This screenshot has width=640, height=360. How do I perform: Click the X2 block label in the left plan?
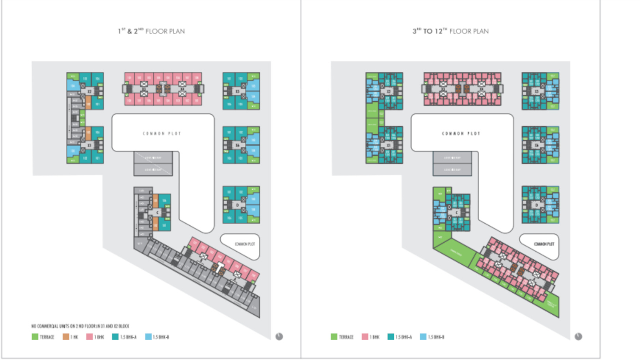(x=89, y=91)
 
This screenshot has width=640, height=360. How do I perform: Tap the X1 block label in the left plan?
(x=89, y=145)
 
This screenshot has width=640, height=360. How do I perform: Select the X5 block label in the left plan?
(x=237, y=91)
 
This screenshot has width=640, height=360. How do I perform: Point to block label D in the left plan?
(x=237, y=205)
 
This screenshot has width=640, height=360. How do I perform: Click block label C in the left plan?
(x=157, y=213)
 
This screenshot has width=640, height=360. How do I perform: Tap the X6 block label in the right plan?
(x=536, y=145)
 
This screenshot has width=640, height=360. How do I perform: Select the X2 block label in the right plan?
(x=389, y=91)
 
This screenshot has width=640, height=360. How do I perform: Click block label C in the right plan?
(x=456, y=213)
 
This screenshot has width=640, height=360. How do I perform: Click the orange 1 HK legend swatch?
(x=66, y=337)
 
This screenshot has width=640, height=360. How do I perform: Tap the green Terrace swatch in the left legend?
(x=35, y=337)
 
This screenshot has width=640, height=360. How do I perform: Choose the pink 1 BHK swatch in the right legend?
(x=365, y=337)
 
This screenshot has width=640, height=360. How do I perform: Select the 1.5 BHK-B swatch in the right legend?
(x=423, y=337)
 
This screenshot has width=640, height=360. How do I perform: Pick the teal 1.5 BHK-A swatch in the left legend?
(x=115, y=337)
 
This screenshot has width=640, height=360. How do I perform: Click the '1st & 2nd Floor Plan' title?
(x=151, y=31)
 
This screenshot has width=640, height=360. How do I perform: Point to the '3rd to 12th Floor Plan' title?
(x=450, y=31)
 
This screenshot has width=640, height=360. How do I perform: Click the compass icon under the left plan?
(x=279, y=336)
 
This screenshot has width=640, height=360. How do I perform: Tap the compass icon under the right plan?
(x=578, y=336)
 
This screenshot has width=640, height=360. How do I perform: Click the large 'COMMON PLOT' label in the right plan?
(x=461, y=134)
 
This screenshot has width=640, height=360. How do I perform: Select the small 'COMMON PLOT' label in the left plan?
(x=245, y=244)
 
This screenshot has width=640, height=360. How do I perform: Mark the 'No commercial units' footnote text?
(x=80, y=326)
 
